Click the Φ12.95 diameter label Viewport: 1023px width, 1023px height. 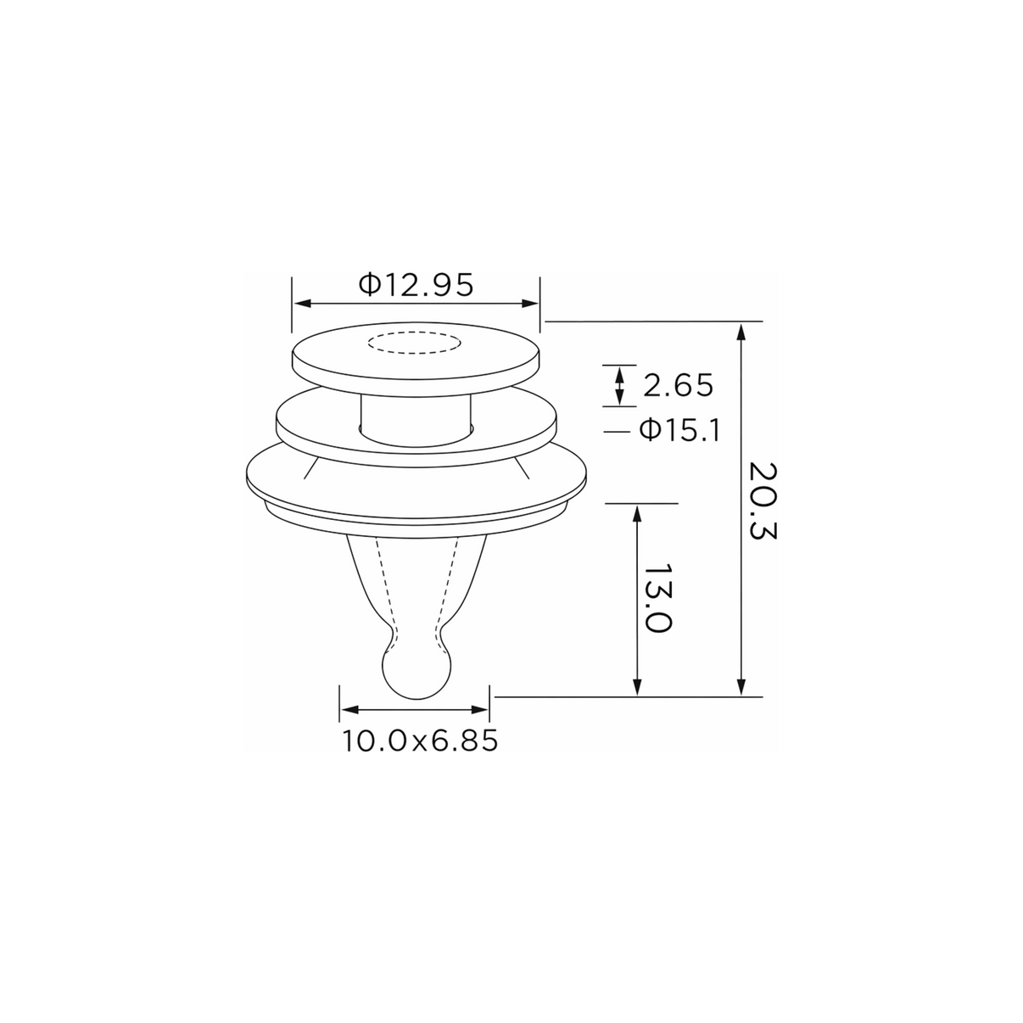416,285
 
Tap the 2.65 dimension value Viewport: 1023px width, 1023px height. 678,386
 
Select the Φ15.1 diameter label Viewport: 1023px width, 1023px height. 680,431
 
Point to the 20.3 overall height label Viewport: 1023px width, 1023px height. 763,500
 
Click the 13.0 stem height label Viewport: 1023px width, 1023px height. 657,598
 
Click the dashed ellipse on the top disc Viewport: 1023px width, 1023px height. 415,343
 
